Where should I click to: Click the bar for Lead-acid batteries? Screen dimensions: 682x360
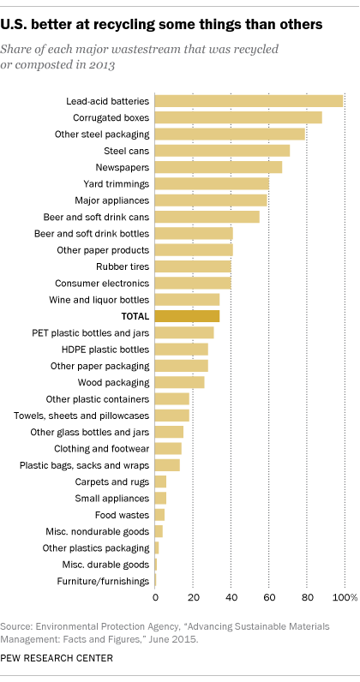pos(249,101)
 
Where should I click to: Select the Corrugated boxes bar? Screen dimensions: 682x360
pos(238,117)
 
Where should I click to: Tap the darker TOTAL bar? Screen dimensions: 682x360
pos(187,316)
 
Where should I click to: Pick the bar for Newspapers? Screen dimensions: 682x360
pos(219,167)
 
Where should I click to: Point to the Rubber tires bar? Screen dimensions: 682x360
pos(193,266)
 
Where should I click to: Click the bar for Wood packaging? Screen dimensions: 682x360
pos(180,382)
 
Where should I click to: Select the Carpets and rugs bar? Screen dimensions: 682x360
pos(160,482)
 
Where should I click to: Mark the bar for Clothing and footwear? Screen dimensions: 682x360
pos(168,448)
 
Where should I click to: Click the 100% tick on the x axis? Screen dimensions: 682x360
pos(345,596)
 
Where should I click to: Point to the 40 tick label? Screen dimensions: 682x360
pos(231,596)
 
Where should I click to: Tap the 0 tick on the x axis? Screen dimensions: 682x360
pos(155,596)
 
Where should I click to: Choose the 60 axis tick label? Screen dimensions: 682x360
pos(268,596)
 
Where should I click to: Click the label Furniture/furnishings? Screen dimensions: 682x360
pos(109,581)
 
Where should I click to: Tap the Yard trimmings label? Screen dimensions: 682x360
pos(116,183)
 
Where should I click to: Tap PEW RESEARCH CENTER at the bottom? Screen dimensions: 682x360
pos(57,658)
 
